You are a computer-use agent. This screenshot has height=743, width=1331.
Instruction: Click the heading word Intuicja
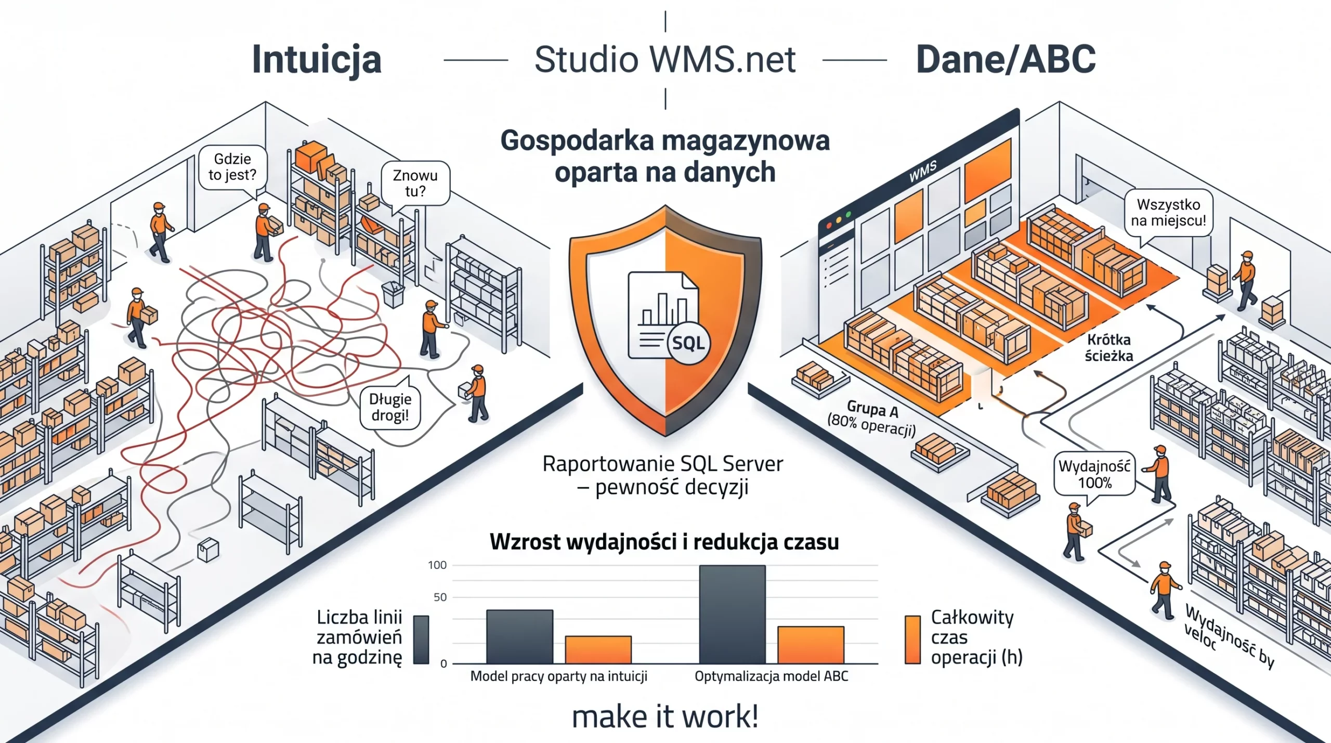[x=317, y=60]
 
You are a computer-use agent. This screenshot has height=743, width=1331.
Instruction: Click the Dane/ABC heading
[x=1006, y=59]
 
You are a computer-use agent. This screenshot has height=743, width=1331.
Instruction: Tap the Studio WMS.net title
[x=665, y=59]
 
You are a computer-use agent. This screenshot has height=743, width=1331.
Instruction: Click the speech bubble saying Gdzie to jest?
[x=232, y=167]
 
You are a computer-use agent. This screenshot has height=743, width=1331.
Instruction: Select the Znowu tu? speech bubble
[x=415, y=183]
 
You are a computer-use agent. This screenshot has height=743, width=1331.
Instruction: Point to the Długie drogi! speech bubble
[x=390, y=407]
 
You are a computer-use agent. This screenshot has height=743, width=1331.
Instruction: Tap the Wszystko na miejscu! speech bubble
[x=1168, y=213]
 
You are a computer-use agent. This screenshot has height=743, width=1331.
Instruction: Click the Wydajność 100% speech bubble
[x=1094, y=474]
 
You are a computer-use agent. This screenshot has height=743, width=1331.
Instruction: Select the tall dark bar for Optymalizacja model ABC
[x=732, y=614]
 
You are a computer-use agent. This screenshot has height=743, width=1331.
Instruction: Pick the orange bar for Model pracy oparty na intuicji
[x=598, y=649]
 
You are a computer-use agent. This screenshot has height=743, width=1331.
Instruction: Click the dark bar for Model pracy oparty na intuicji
[x=519, y=636]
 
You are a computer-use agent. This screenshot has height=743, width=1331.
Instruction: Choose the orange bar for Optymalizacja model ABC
[x=811, y=645]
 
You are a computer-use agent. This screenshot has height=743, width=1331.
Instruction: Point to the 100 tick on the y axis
[x=437, y=565]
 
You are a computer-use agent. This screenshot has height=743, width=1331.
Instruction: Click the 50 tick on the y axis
[x=440, y=597]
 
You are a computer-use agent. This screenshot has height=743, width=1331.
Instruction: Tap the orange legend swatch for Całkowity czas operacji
[x=912, y=640]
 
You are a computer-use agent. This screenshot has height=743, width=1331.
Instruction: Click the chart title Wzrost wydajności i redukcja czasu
[x=664, y=542]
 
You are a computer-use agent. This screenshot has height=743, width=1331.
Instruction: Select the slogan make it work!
[x=665, y=716]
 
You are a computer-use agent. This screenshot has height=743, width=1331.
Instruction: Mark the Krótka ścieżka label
[x=1108, y=348]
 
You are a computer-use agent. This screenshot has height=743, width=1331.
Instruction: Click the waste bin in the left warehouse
[x=393, y=294]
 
